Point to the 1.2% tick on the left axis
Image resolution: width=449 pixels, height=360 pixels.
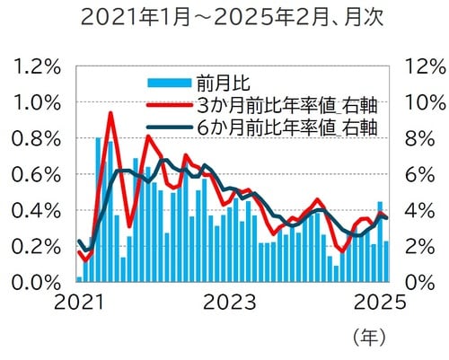pyautogui.click(x=34, y=67)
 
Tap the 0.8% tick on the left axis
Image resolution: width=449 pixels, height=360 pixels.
pyautogui.click(x=34, y=139)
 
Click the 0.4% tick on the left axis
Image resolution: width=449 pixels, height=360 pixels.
pyautogui.click(x=34, y=211)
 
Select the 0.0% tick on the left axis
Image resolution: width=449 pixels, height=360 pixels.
pyautogui.click(x=34, y=283)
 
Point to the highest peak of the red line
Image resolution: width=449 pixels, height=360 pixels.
pyautogui.click(x=110, y=113)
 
